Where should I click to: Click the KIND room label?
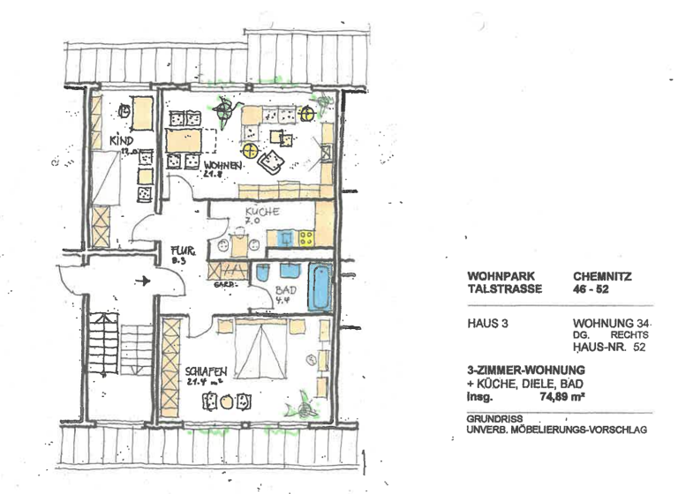[x=120, y=141]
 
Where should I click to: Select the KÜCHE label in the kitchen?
[x=262, y=212]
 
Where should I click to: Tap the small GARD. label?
[x=221, y=286]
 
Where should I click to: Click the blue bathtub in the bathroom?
[x=320, y=285]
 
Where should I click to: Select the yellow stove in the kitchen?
[x=306, y=236]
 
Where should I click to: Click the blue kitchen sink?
[x=285, y=236]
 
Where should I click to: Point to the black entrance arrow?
[x=140, y=281]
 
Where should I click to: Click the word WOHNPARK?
[x=501, y=276]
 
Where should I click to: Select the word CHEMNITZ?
[x=602, y=276]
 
